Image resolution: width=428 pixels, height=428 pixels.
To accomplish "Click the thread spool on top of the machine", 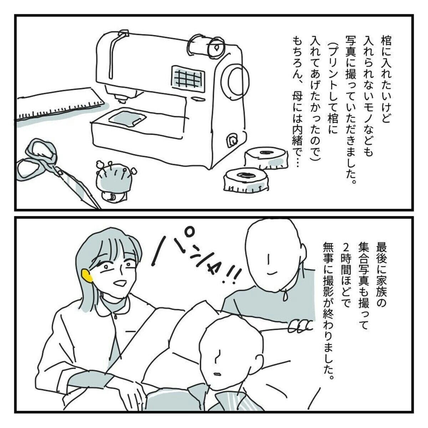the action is pyautogui.click(x=205, y=46).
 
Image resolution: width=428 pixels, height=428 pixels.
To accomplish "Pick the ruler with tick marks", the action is pyautogui.click(x=60, y=107).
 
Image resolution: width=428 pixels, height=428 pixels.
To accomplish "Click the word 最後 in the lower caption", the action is pyautogui.click(x=380, y=254).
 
